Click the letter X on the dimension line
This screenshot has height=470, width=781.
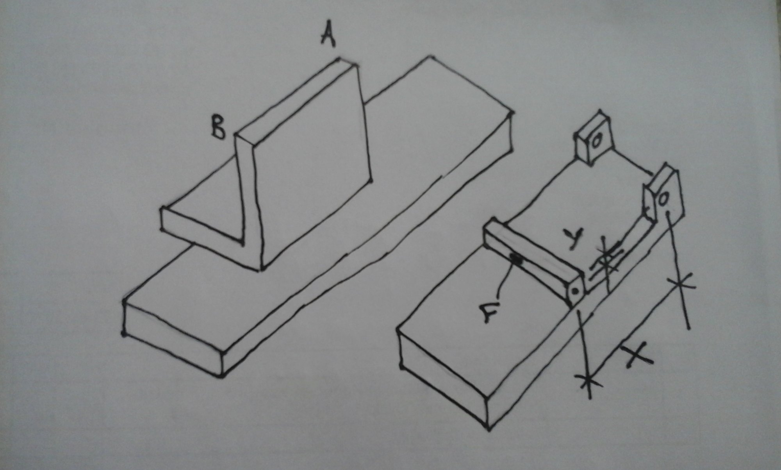click(636, 355)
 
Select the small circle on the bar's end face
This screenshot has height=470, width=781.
click(575, 291)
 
